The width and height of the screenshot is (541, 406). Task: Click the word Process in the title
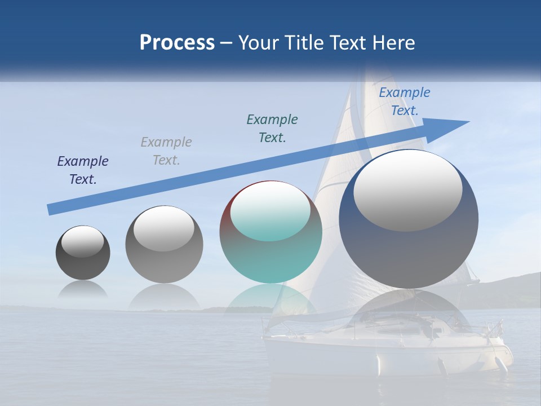coord(177,43)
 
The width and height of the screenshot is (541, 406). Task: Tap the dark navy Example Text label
coord(83,170)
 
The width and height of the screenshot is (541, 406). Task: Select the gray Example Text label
coord(166,151)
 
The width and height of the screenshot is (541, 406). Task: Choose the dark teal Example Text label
coord(272,129)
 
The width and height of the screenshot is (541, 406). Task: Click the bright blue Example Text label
coord(405,101)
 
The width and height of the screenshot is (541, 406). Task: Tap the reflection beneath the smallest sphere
coord(83,290)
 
